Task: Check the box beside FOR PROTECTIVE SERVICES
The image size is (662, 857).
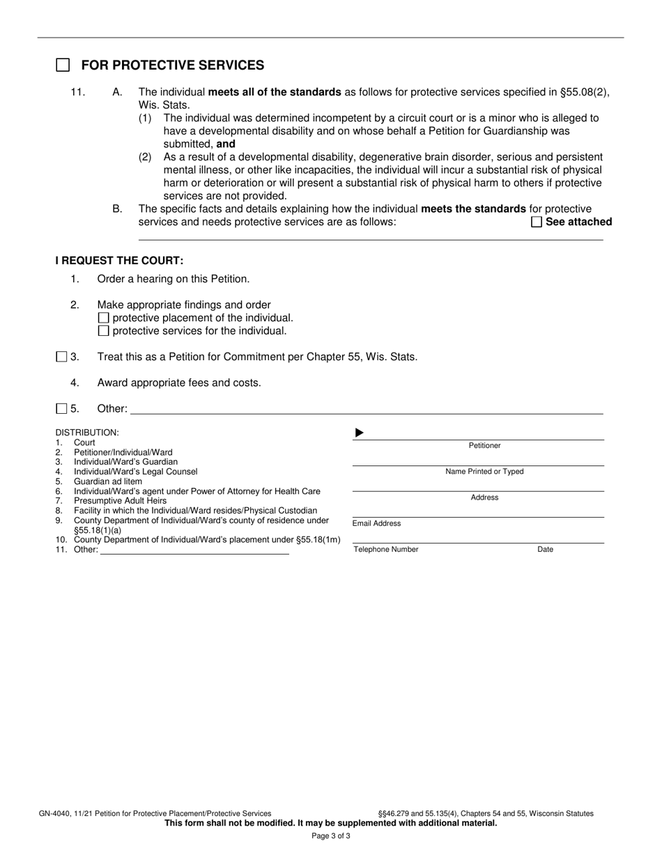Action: (63, 65)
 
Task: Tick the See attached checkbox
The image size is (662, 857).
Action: (537, 222)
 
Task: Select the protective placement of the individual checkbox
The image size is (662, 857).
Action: (104, 318)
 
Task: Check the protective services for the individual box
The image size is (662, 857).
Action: (104, 331)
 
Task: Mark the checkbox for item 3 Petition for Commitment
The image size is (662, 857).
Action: (61, 357)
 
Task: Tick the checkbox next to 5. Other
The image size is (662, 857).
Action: (61, 408)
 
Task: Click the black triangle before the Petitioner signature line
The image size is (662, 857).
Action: (360, 433)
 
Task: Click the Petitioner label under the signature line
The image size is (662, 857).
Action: (484, 446)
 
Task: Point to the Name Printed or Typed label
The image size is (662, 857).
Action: (484, 472)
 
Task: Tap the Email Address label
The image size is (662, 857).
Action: (376, 524)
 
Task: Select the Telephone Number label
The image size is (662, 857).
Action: (386, 550)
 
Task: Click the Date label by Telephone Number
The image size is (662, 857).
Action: (545, 550)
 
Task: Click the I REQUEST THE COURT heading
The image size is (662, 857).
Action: (119, 261)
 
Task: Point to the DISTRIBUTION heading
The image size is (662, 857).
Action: (87, 433)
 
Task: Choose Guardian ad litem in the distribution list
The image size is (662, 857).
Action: (108, 481)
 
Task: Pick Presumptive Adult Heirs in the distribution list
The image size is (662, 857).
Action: (120, 501)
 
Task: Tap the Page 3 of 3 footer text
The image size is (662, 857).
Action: (331, 836)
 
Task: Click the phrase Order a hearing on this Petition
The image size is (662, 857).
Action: (173, 279)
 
